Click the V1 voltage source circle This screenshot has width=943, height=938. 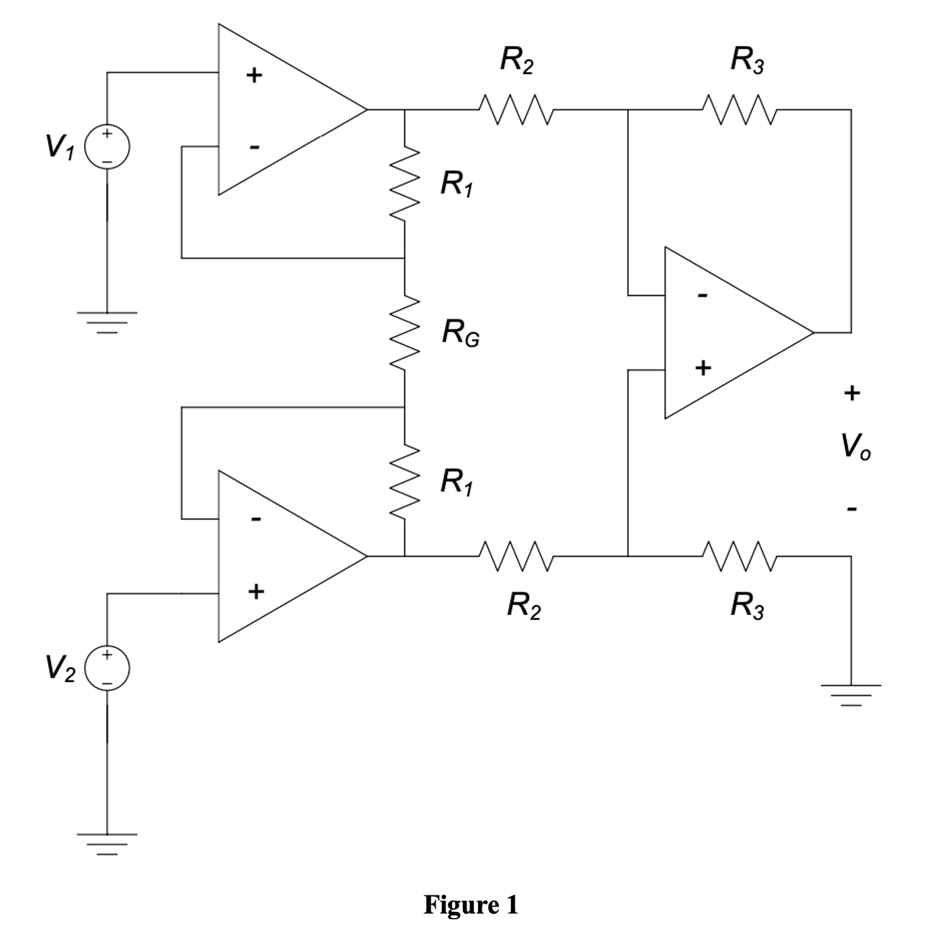pos(107,146)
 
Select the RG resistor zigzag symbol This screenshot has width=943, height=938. pos(405,332)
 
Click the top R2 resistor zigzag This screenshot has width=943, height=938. pos(515,110)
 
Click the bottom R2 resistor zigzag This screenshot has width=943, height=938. pos(515,556)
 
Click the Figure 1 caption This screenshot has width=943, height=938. pos(471,904)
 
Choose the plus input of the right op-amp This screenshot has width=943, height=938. pos(703,368)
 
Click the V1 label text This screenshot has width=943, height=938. pos(59,147)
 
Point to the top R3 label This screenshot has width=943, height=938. pos(747,60)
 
